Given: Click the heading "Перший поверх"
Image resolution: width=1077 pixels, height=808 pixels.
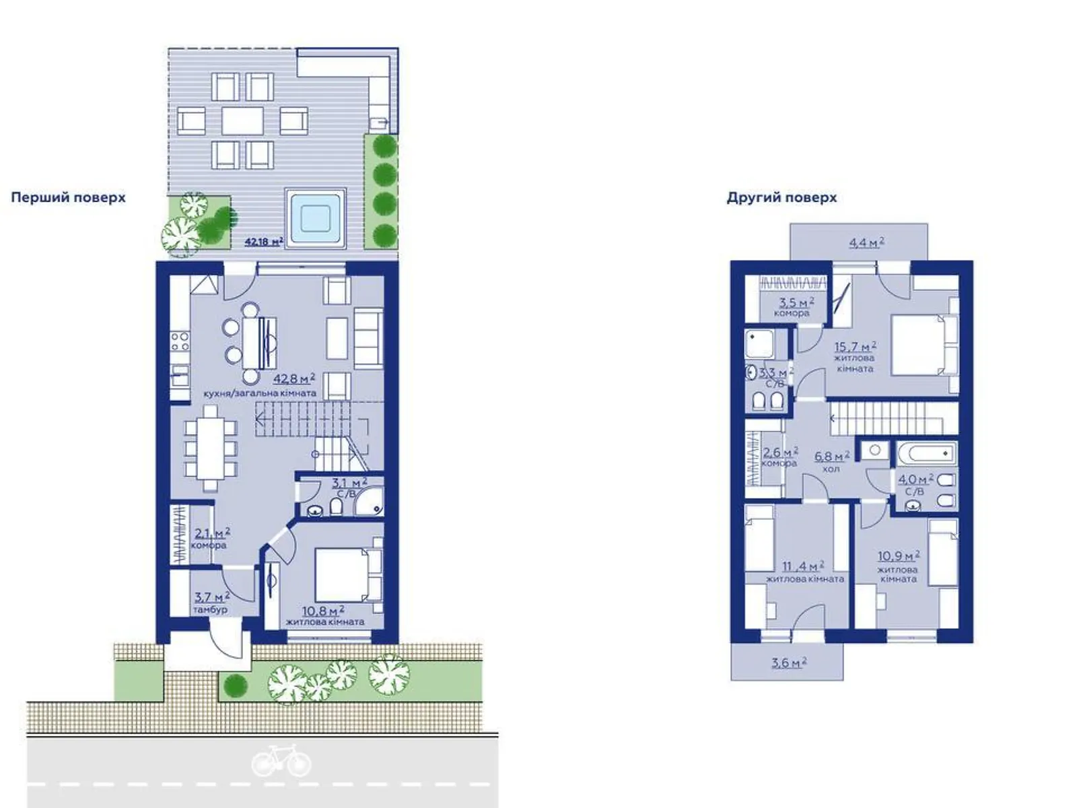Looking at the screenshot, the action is [x=68, y=198].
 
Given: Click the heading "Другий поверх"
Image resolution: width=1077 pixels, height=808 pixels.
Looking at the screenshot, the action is [x=781, y=198].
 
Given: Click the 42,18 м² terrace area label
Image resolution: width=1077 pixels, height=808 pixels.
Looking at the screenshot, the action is [x=264, y=241].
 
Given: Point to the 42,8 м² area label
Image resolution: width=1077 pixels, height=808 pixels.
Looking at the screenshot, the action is [x=294, y=378].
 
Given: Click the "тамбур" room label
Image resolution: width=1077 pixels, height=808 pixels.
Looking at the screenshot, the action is [x=210, y=610].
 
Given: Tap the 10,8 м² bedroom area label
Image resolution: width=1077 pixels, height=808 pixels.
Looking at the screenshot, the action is [x=323, y=611].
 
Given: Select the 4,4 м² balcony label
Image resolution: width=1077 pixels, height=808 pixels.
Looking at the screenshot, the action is [x=866, y=242].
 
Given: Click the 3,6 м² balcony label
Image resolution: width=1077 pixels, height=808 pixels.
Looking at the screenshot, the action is [x=789, y=663].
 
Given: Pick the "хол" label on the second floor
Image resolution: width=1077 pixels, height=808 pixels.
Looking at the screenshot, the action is [x=831, y=469].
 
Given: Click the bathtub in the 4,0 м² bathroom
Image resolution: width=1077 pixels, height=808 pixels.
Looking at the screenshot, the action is [x=926, y=453].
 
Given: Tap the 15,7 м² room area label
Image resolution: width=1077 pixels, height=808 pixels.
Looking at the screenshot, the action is [x=856, y=347].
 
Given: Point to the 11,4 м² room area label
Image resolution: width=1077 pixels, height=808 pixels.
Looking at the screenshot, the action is [x=803, y=567].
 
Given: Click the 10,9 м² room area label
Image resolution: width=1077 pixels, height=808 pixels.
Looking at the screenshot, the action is [x=899, y=556].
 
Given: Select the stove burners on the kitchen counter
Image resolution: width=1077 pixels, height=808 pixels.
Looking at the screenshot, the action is [x=180, y=341].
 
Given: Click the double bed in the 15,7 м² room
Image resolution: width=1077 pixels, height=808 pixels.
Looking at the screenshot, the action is [x=924, y=345].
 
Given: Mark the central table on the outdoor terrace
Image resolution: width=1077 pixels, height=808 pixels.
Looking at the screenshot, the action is [x=242, y=121].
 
